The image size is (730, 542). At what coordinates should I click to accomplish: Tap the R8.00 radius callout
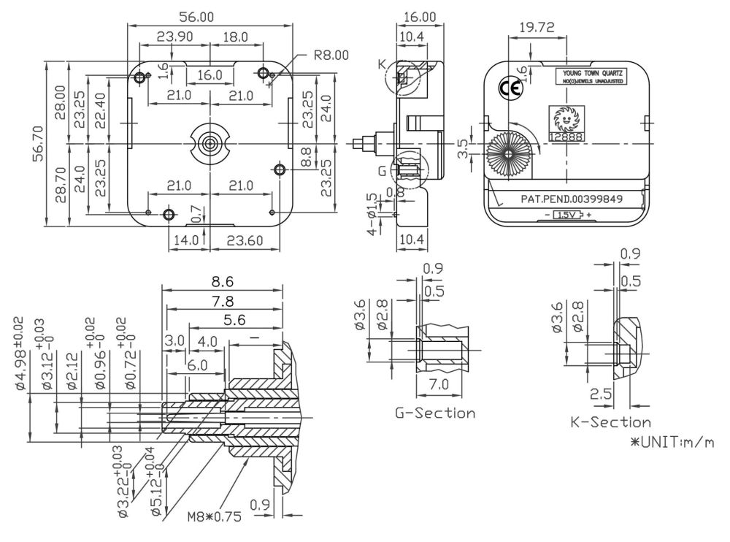(x=331, y=54)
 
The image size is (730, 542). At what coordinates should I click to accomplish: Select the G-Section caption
(x=435, y=413)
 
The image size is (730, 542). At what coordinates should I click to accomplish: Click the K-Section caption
(x=610, y=422)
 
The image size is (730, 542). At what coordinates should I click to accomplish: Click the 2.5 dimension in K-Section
(x=601, y=394)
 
